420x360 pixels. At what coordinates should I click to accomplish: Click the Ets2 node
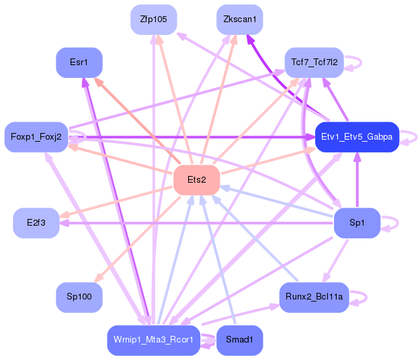(x=197, y=180)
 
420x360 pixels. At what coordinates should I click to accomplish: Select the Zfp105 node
(x=154, y=19)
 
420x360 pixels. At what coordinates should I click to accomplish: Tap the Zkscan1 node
(x=240, y=19)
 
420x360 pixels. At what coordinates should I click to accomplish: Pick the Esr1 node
(x=79, y=62)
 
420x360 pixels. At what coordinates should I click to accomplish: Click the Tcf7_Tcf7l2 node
(x=314, y=62)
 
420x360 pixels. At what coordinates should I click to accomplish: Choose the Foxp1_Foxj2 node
(x=36, y=137)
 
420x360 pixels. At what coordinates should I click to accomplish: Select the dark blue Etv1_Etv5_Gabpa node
(x=357, y=137)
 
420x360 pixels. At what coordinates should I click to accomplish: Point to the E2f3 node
(x=36, y=223)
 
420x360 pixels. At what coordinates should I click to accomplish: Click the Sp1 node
(x=357, y=223)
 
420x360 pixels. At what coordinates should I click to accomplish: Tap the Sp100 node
(x=79, y=297)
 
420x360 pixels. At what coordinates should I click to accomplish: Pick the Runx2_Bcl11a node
(x=314, y=297)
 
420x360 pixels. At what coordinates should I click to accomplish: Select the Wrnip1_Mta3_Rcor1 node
(x=154, y=341)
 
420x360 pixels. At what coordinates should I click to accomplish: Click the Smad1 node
(x=240, y=341)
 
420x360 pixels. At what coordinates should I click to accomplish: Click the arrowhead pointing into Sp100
(x=99, y=278)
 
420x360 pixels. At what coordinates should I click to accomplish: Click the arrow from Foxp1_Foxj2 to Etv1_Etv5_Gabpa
(x=192, y=137)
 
